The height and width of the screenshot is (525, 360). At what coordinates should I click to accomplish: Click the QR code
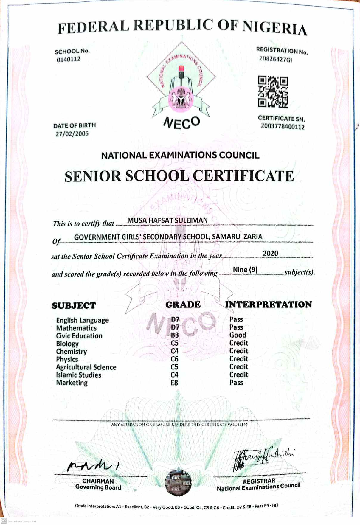coord(273,91)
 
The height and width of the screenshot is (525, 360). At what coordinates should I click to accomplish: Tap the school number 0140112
coord(69,59)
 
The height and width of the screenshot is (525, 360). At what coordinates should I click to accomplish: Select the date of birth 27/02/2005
coord(72,133)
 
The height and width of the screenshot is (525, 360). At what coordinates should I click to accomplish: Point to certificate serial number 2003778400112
coord(283,127)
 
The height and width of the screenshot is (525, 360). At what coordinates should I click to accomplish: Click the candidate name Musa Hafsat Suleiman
coord(167,220)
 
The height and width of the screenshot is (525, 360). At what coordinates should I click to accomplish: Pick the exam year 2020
coord(270,253)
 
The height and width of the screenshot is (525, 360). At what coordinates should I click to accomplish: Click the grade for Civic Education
coord(175,335)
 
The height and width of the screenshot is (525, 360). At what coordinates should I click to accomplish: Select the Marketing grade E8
coord(174,383)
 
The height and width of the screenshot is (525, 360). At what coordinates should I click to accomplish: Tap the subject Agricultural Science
coord(86,367)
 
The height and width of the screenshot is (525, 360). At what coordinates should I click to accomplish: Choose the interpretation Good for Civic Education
coord(238,335)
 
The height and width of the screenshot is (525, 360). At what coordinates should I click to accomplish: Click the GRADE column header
coord(183,305)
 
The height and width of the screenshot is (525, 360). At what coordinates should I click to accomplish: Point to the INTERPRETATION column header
coord(268,305)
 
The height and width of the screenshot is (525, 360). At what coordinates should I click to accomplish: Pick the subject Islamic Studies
coord(79,375)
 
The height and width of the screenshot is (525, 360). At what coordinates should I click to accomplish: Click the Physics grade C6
coord(175,359)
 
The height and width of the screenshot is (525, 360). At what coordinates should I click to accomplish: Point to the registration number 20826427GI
coord(275,59)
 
